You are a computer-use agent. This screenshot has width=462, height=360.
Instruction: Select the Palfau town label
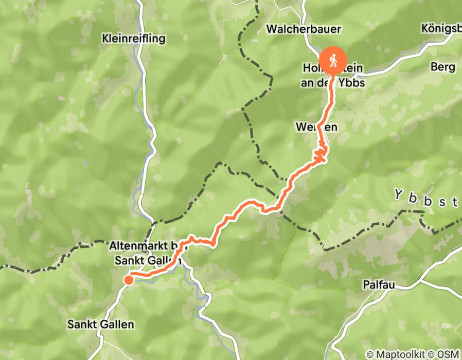[x=378, y=285]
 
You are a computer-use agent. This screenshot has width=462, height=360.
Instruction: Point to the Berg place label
[x=443, y=67]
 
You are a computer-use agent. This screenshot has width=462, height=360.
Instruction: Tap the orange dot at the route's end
[x=128, y=280]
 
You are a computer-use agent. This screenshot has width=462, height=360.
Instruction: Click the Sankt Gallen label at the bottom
[x=101, y=325]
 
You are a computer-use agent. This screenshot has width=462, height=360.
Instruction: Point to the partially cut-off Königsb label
[x=440, y=29]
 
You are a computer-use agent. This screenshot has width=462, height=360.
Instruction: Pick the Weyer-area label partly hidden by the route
[x=310, y=127]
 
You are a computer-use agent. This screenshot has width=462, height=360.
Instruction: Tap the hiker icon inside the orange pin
[x=333, y=60]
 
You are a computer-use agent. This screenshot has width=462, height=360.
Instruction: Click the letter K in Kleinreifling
[x=105, y=39]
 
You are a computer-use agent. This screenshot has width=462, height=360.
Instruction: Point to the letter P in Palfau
[x=365, y=285]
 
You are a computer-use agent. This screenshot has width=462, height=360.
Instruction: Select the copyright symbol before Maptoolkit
[x=369, y=354]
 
